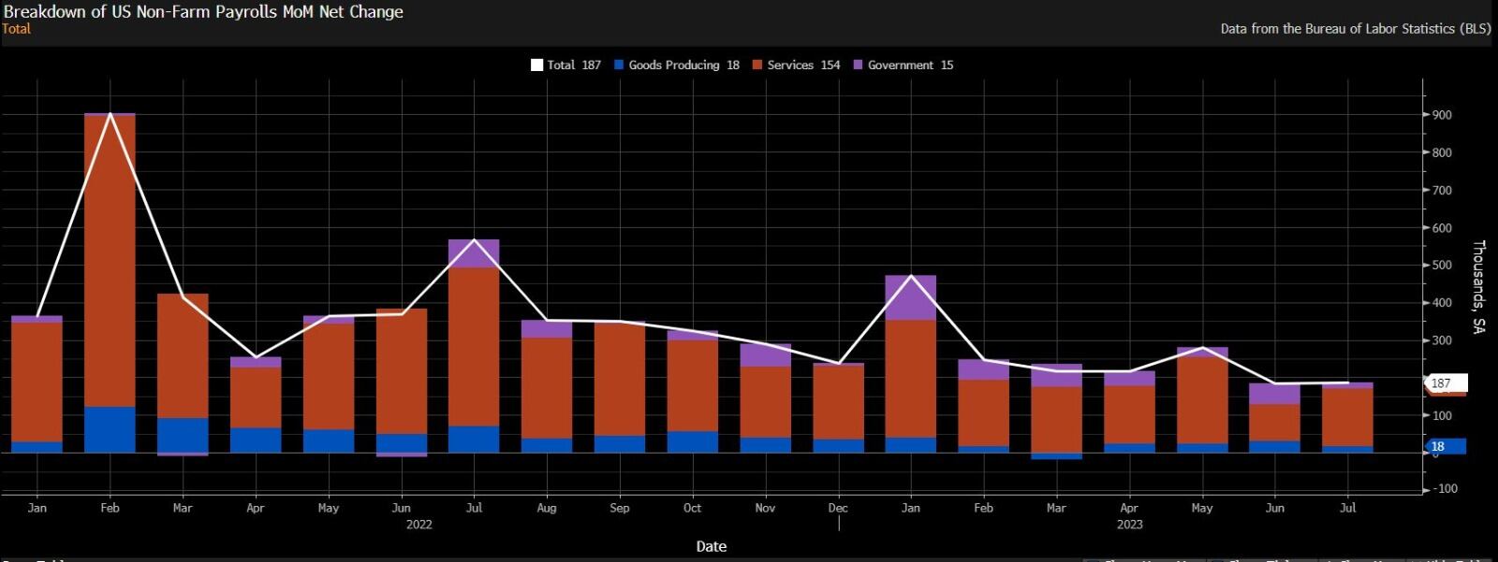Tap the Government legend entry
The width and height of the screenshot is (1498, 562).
pyautogui.click(x=903, y=65)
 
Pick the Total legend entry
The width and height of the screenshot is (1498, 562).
pyautogui.click(x=566, y=65)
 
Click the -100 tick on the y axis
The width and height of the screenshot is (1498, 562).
pyautogui.click(x=1447, y=488)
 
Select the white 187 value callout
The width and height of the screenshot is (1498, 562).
pyautogui.click(x=1445, y=383)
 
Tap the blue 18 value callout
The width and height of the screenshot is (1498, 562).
pyautogui.click(x=1443, y=446)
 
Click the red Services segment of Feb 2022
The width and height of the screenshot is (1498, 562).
pyautogui.click(x=110, y=262)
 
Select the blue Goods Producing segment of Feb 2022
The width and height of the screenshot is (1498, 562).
pyautogui.click(x=110, y=429)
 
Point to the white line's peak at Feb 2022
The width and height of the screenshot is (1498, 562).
pyautogui.click(x=110, y=114)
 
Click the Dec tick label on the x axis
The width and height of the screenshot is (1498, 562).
pyautogui.click(x=838, y=508)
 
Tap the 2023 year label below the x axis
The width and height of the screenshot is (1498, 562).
pyautogui.click(x=1129, y=524)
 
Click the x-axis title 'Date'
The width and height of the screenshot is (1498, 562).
pyautogui.click(x=711, y=546)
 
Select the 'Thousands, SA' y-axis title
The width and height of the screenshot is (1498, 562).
pyautogui.click(x=1478, y=286)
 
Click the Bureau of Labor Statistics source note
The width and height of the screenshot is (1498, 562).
pyautogui.click(x=1355, y=29)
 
